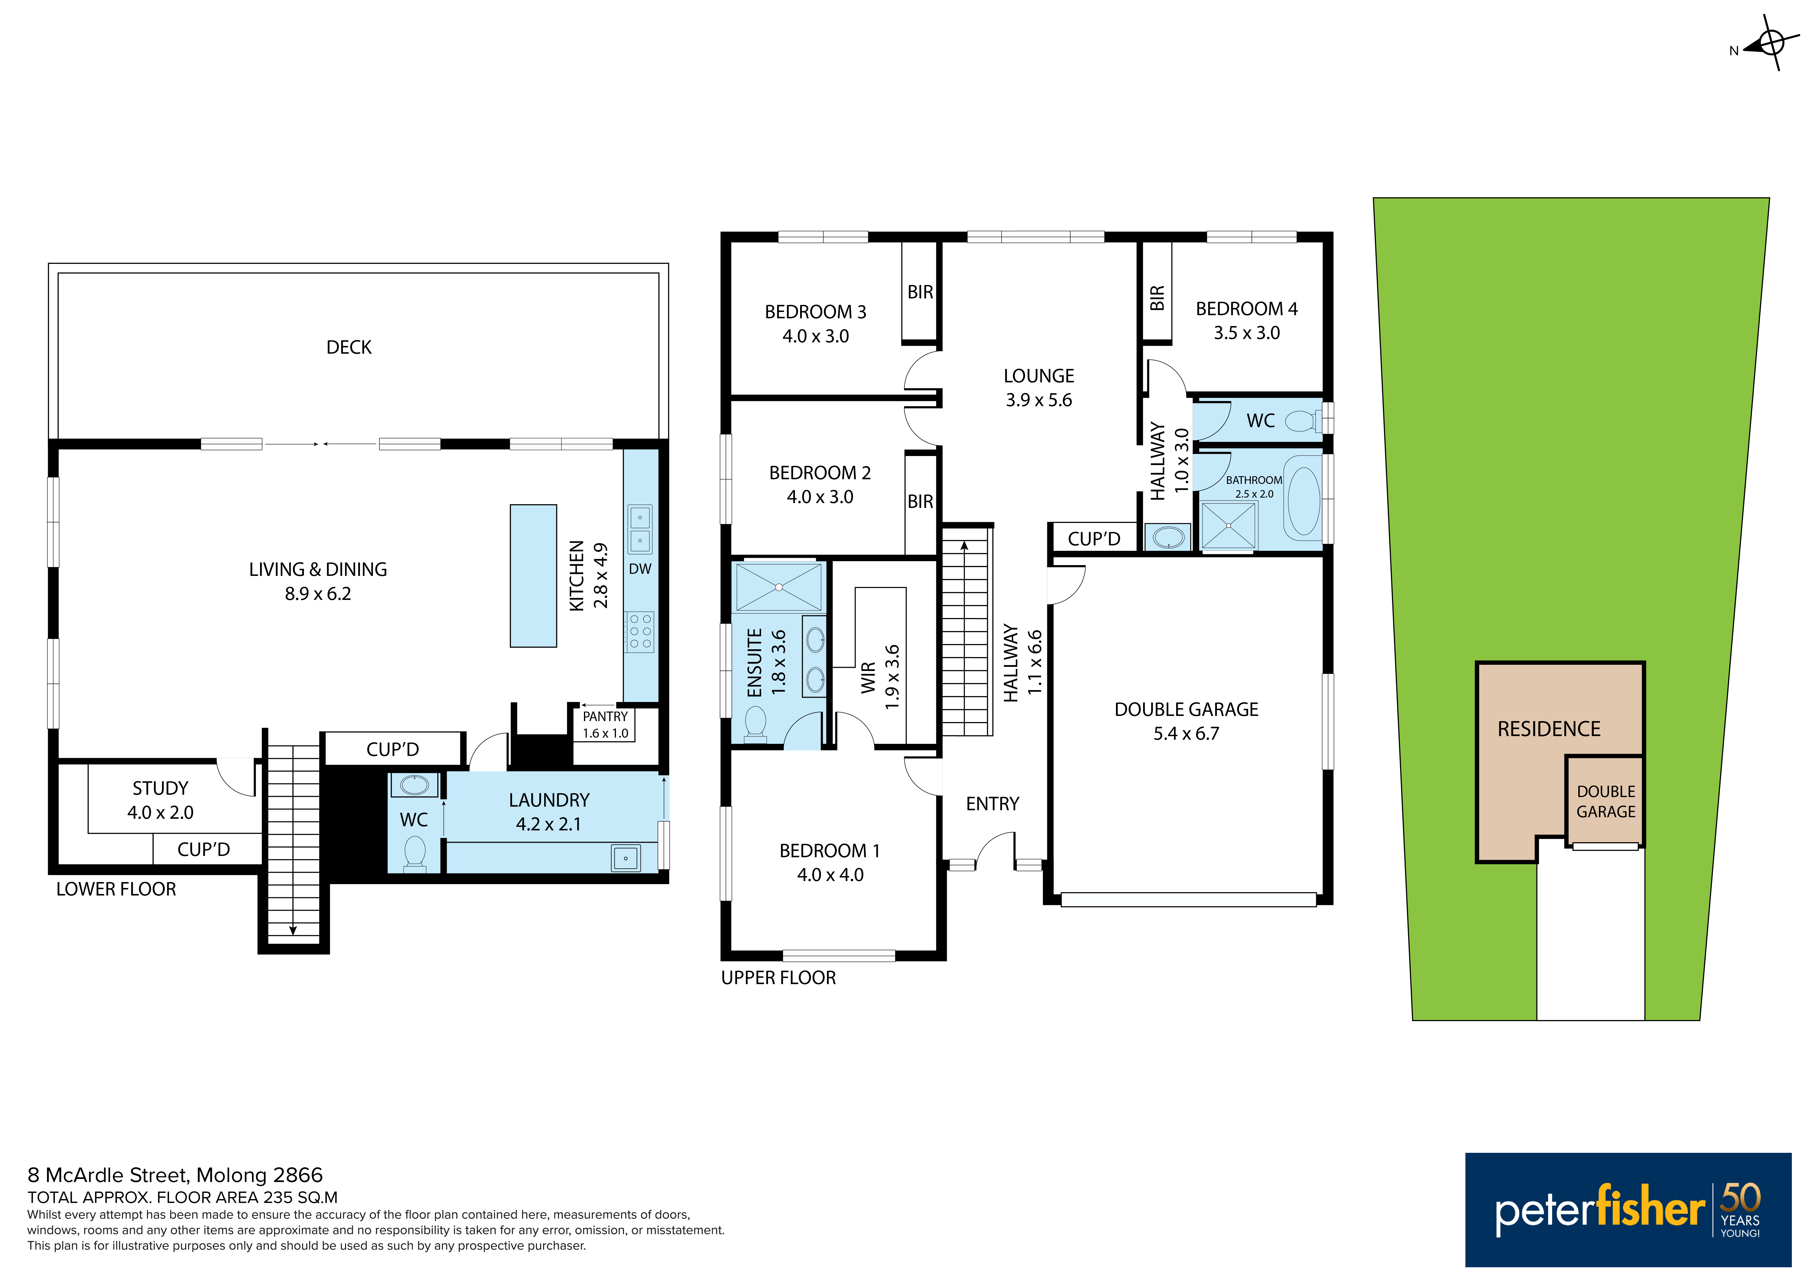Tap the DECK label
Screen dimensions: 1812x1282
[349, 347]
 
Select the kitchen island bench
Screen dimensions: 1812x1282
[534, 576]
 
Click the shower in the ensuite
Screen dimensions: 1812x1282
[779, 586]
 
